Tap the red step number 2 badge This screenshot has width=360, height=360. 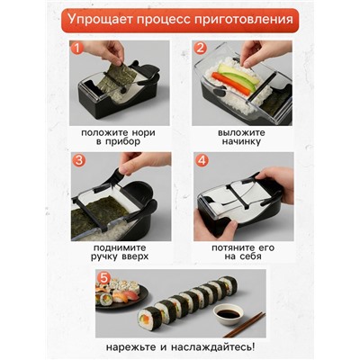click(x=199, y=47)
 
